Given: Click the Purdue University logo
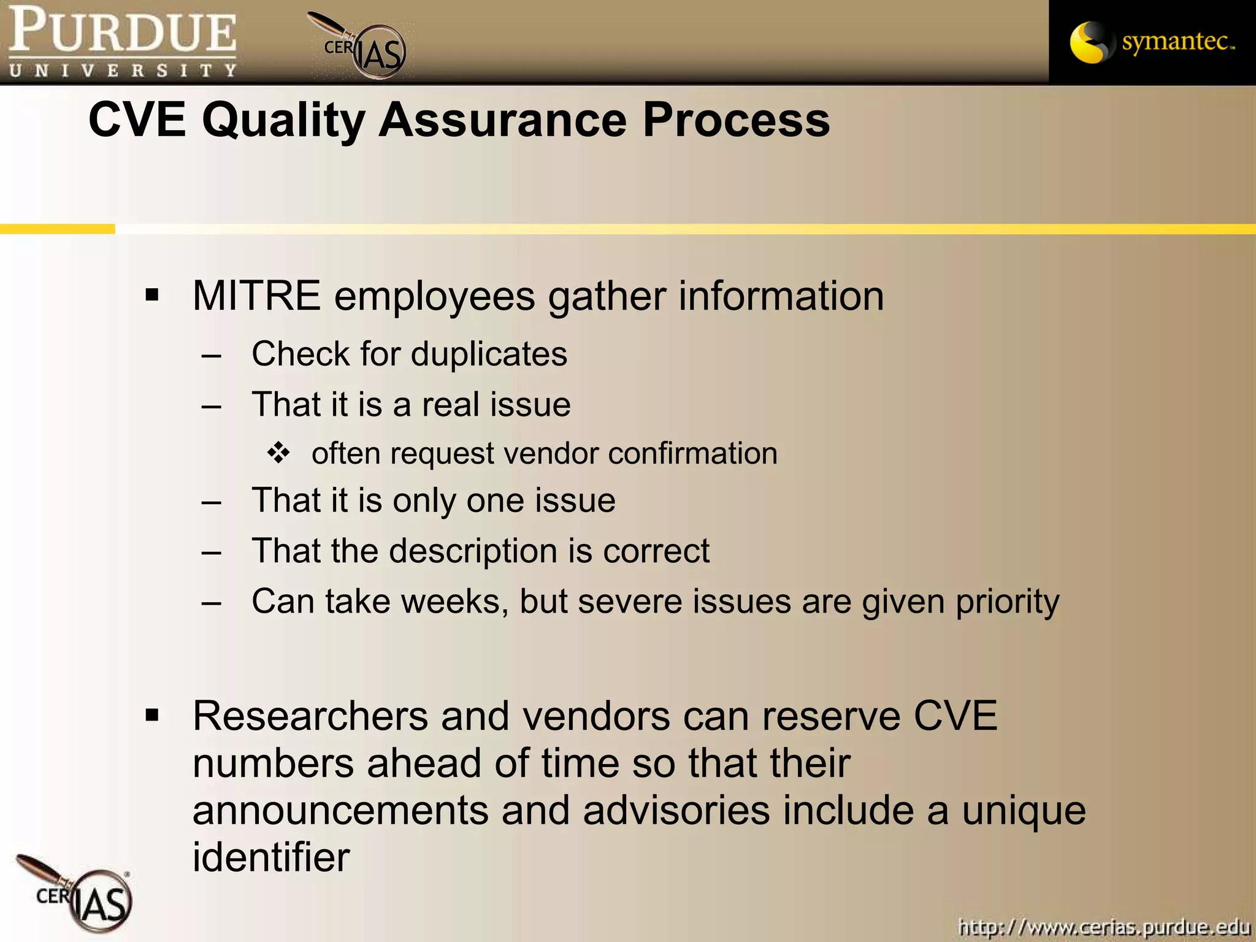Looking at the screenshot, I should (x=123, y=42).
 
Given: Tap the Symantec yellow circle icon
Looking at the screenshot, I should (x=1090, y=42).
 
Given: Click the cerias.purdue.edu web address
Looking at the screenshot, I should (x=1104, y=926).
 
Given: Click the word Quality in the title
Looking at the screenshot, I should (x=283, y=120).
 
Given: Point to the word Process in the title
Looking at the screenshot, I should (x=736, y=120).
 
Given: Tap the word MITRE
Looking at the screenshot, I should (x=256, y=296).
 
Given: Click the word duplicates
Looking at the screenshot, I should (x=489, y=354).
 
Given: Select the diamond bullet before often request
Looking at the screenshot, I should (x=278, y=453).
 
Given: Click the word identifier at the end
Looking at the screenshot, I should (x=271, y=857).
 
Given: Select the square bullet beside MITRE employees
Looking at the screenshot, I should (x=152, y=296).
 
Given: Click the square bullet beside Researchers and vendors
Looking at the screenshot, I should (x=152, y=715).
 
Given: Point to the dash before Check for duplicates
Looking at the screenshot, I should (x=211, y=356).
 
